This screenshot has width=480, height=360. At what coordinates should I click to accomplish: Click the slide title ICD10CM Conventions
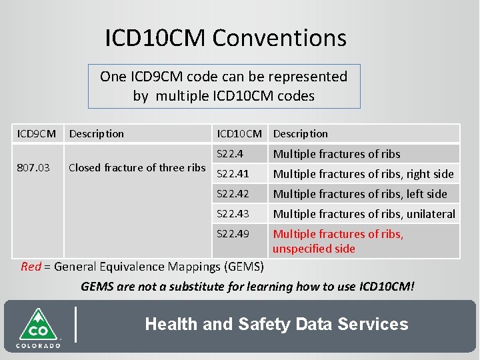(x=225, y=37)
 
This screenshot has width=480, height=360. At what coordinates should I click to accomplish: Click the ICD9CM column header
(x=36, y=133)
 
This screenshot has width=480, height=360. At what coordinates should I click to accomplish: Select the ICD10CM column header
(x=239, y=133)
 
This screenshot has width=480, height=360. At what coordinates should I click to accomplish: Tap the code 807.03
(x=33, y=167)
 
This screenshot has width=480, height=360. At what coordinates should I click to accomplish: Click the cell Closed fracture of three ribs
(x=137, y=167)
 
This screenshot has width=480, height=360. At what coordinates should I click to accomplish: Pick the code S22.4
(x=231, y=154)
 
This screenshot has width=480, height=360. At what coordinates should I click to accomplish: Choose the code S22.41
(x=233, y=174)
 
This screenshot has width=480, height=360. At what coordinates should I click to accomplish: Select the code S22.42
(x=233, y=194)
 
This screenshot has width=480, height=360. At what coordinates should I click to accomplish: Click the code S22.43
(x=233, y=214)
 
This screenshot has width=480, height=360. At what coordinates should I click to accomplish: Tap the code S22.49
(x=233, y=234)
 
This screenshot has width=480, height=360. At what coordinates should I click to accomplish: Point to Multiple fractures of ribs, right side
(x=363, y=174)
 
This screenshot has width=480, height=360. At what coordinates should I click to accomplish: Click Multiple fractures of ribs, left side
(x=360, y=194)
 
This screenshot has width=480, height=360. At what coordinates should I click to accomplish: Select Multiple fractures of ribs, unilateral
(x=364, y=214)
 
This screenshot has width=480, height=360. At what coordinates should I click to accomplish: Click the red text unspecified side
(x=313, y=249)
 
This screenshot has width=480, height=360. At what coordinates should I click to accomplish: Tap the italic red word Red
(x=31, y=267)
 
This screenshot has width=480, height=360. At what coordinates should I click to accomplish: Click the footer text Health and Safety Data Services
(x=276, y=325)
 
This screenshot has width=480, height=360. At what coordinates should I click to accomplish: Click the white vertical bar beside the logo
(x=75, y=324)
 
